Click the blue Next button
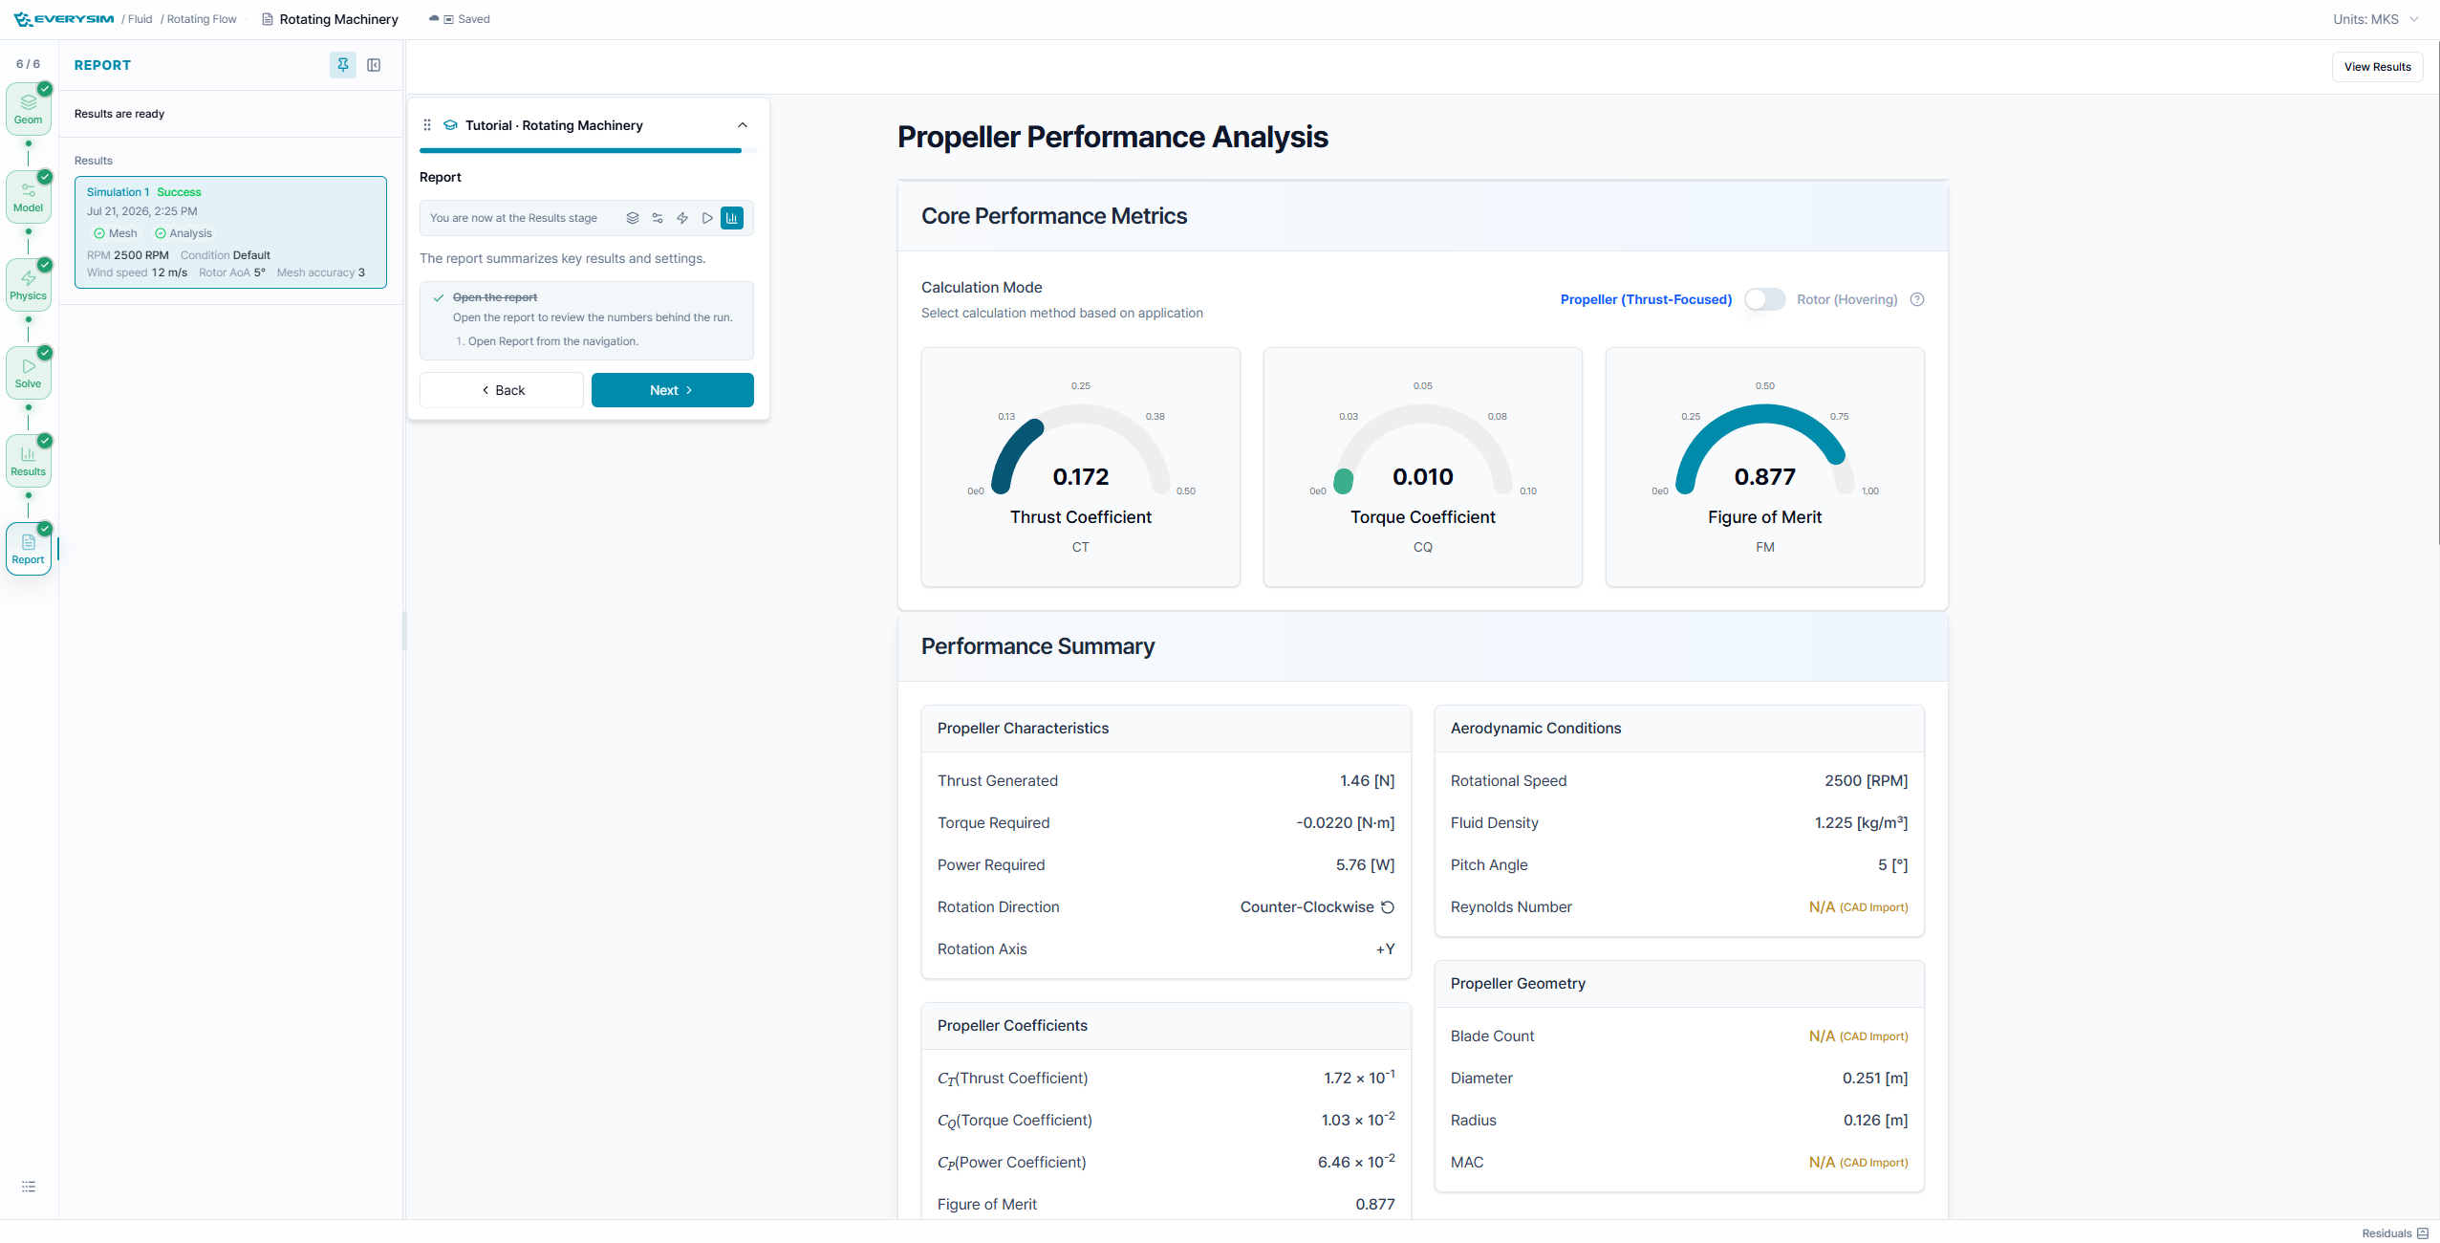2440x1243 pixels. pos(672,390)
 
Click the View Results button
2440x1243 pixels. pos(2377,67)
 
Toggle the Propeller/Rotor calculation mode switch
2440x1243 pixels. pos(1764,299)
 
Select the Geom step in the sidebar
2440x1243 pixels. pos(29,109)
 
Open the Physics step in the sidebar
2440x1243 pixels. pos(29,285)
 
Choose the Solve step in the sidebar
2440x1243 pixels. pos(29,373)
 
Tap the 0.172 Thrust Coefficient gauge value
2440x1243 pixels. pos(1081,476)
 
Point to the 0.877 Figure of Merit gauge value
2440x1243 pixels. pos(1764,476)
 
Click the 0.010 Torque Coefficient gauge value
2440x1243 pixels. pos(1422,476)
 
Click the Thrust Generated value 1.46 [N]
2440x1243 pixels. pos(1367,781)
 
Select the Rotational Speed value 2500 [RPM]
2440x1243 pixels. pos(1866,781)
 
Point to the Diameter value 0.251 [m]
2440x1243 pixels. pos(1875,1079)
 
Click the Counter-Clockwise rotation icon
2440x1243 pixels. pos(1388,907)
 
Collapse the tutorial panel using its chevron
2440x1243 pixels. pos(743,125)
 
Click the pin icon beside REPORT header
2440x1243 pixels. pos(342,65)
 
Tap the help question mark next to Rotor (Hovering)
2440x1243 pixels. pos(1916,299)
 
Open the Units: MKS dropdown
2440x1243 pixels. pos(2376,19)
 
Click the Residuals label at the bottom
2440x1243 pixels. pos(2386,1233)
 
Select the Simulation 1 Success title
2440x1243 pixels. pos(144,192)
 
